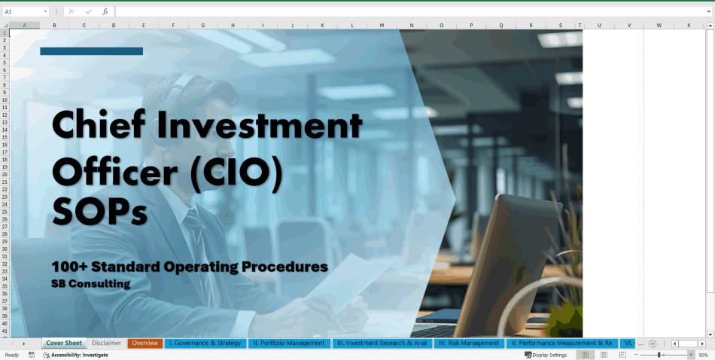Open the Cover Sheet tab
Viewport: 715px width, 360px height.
(x=64, y=343)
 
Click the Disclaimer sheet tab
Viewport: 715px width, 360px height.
(x=106, y=343)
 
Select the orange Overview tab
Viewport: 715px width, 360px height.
(x=145, y=343)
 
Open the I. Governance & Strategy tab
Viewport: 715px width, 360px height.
(x=205, y=343)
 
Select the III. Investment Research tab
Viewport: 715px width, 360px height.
(x=382, y=343)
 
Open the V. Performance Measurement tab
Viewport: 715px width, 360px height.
(x=561, y=343)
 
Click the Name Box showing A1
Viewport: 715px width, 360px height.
(x=23, y=12)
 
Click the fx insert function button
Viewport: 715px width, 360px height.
(x=105, y=12)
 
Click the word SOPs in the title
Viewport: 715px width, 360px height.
(x=99, y=212)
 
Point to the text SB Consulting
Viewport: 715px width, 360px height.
(x=91, y=284)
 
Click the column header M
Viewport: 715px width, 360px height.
(x=382, y=26)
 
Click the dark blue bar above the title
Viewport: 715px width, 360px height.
(x=91, y=51)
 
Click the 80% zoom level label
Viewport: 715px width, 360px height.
(x=703, y=355)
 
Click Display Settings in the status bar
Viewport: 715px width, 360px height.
(x=548, y=355)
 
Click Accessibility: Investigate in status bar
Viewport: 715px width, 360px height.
(x=79, y=355)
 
